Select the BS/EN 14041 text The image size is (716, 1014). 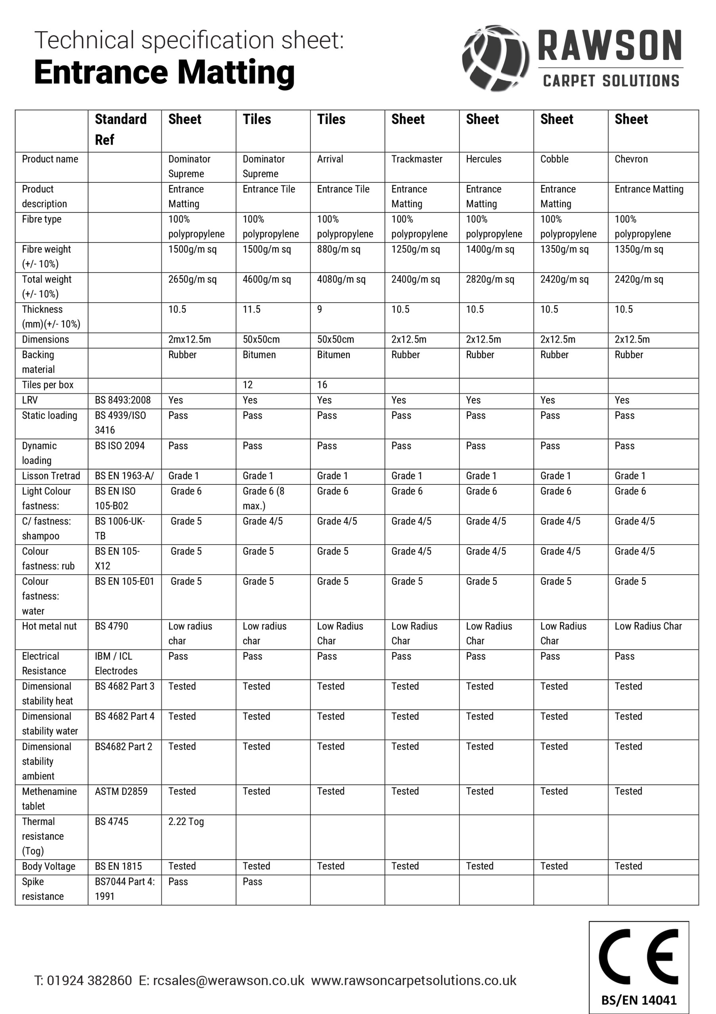pos(639,1000)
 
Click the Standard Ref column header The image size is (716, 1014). pos(120,130)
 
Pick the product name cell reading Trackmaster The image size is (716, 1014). pos(416,159)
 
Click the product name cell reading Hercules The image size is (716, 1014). pos(484,159)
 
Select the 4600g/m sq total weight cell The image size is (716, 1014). pos(266,280)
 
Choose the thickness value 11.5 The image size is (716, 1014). pos(251,310)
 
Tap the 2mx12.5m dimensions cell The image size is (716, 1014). pos(189,339)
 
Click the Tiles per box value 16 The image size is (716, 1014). pos(322,385)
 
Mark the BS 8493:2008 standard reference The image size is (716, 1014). pos(123,400)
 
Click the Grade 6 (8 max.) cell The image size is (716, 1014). pos(263,499)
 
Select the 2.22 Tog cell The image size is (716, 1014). pos(186,822)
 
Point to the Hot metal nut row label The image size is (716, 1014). pos(49,626)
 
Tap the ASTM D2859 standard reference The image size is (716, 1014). pos(121,791)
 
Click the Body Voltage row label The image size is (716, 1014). pos(49,867)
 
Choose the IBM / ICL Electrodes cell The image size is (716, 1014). pos(116,664)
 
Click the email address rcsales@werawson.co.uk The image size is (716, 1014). pos(228,980)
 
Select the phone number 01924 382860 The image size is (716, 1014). pos(89,980)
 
